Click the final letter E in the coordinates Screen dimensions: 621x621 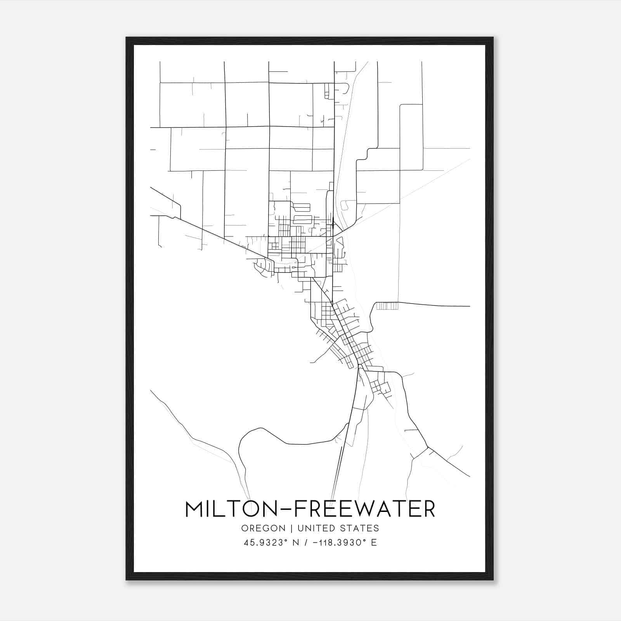(374, 543)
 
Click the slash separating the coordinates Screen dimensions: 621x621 (307, 543)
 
